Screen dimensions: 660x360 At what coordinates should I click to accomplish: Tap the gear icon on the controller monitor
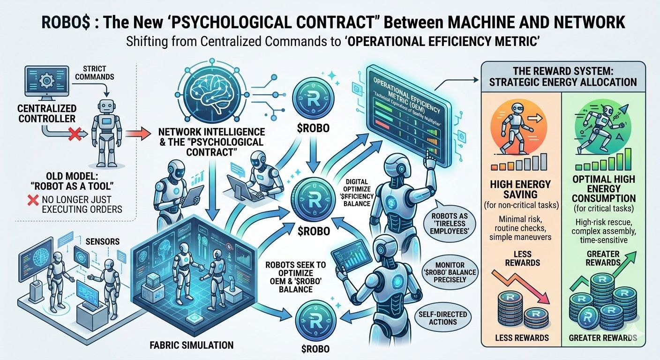(x=46, y=81)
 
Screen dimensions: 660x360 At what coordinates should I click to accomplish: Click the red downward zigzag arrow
(x=520, y=284)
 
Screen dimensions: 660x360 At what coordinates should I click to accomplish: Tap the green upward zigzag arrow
(x=605, y=270)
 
